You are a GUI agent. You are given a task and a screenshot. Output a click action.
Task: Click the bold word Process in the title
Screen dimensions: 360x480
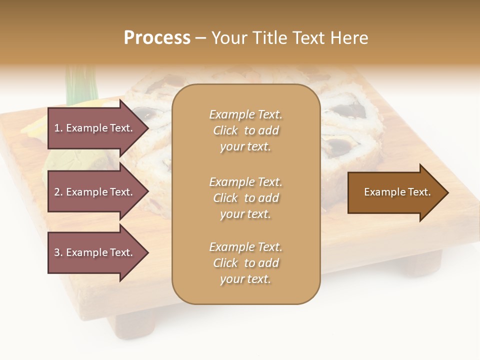coord(157,38)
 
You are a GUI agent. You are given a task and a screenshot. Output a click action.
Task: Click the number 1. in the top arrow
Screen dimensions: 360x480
coord(58,128)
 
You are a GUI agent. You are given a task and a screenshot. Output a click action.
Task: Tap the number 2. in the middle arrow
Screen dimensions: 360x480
coord(58,192)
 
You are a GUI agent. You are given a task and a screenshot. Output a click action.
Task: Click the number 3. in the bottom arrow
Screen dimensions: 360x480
coord(58,252)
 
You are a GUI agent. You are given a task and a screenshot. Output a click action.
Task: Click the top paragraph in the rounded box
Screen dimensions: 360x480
coord(245,130)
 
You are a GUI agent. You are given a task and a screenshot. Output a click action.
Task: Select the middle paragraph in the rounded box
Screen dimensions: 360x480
coord(245,198)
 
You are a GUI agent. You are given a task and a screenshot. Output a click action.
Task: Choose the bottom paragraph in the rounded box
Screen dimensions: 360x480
coord(245,263)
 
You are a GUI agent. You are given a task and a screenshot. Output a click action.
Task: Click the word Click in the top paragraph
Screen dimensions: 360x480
coord(225,130)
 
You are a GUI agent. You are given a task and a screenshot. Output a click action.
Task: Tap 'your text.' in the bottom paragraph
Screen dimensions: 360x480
coord(245,279)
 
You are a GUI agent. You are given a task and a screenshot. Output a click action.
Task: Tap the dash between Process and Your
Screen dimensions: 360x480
coord(201,38)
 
